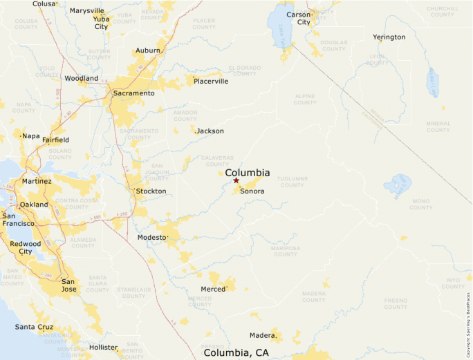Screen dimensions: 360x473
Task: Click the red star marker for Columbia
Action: click(236, 180)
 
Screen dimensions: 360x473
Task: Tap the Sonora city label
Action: click(252, 191)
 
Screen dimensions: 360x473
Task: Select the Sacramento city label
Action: click(133, 93)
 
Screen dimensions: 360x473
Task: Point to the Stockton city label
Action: click(151, 191)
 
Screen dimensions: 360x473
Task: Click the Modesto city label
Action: click(152, 237)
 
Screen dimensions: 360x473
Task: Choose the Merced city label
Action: click(213, 289)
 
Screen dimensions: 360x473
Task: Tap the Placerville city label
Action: click(211, 82)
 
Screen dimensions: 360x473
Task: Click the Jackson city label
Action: click(210, 131)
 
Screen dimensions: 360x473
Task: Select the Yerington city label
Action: click(389, 37)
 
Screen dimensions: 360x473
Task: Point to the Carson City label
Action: click(299, 18)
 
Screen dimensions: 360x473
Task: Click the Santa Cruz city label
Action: click(35, 326)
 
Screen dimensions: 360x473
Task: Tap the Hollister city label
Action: click(103, 347)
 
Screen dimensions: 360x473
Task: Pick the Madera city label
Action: click(263, 335)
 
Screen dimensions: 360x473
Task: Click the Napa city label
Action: click(31, 135)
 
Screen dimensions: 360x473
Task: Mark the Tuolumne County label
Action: click(293, 182)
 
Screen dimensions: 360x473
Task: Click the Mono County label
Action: click(420, 204)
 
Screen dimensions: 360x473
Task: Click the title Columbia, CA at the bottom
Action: click(236, 352)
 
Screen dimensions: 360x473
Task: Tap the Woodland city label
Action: click(82, 78)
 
